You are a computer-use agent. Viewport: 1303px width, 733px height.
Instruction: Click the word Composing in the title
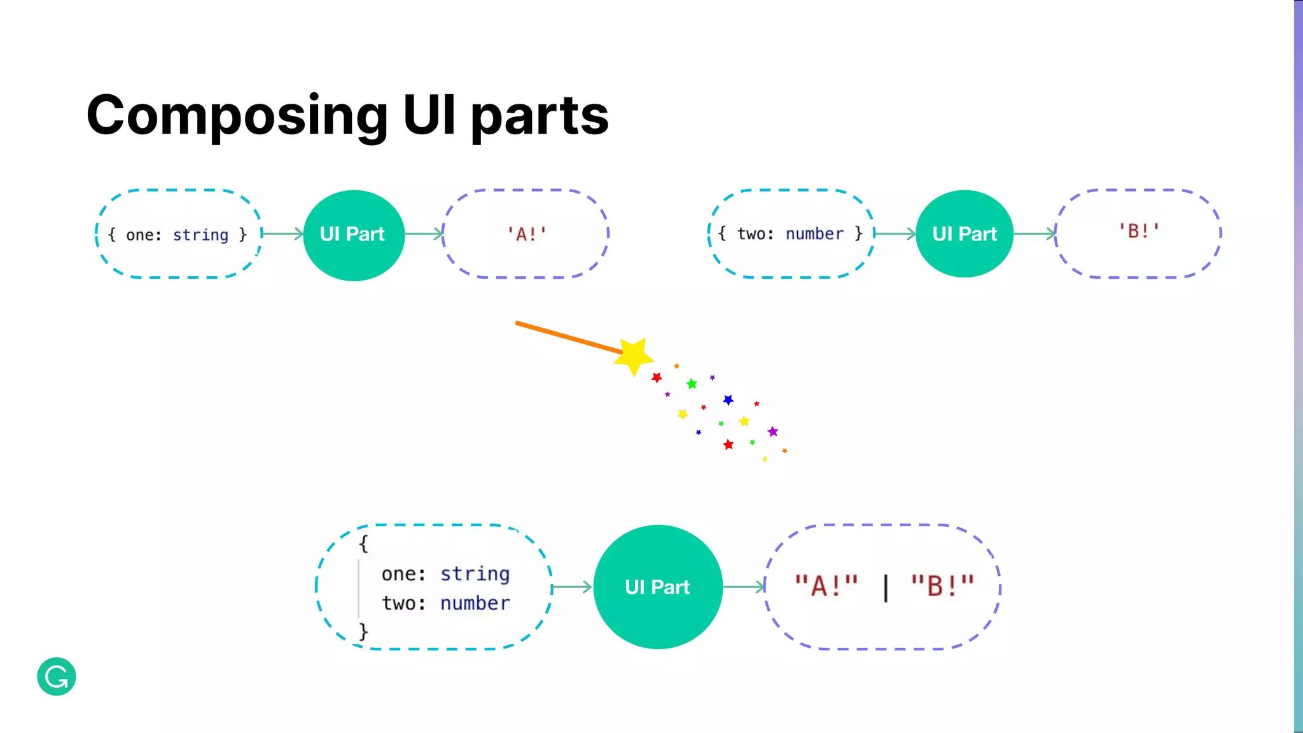point(237,116)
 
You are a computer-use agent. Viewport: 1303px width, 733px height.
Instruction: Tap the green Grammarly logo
point(57,676)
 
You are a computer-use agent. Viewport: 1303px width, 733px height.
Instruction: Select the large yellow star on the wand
point(633,356)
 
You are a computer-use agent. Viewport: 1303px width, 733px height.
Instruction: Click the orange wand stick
point(566,337)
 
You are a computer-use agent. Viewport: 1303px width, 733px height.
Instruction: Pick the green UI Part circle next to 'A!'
point(354,235)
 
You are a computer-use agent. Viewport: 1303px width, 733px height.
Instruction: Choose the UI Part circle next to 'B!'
point(965,234)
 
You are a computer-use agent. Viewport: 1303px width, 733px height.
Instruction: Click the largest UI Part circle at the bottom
point(658,587)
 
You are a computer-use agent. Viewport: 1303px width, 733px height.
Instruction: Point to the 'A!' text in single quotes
point(526,235)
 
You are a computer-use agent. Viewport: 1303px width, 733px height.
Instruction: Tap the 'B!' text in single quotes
point(1139,231)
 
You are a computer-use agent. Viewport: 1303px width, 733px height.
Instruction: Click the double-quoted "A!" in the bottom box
point(826,586)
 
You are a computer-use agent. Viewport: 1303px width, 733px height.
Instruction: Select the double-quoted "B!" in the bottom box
point(942,586)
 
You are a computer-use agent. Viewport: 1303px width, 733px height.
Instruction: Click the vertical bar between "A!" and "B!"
point(886,587)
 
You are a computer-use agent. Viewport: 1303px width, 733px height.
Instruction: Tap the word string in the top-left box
point(200,235)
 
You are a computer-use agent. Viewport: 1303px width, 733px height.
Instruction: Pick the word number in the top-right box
point(814,234)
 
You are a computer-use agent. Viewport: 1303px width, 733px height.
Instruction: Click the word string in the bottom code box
point(475,574)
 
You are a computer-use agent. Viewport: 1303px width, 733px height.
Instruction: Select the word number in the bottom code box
point(475,603)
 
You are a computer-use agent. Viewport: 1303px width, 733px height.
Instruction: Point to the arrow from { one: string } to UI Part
point(282,234)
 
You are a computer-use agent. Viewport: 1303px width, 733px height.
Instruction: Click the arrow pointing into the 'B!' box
point(1035,234)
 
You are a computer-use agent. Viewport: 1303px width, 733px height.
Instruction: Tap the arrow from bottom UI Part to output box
point(744,587)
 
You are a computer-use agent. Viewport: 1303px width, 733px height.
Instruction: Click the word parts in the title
point(540,116)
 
